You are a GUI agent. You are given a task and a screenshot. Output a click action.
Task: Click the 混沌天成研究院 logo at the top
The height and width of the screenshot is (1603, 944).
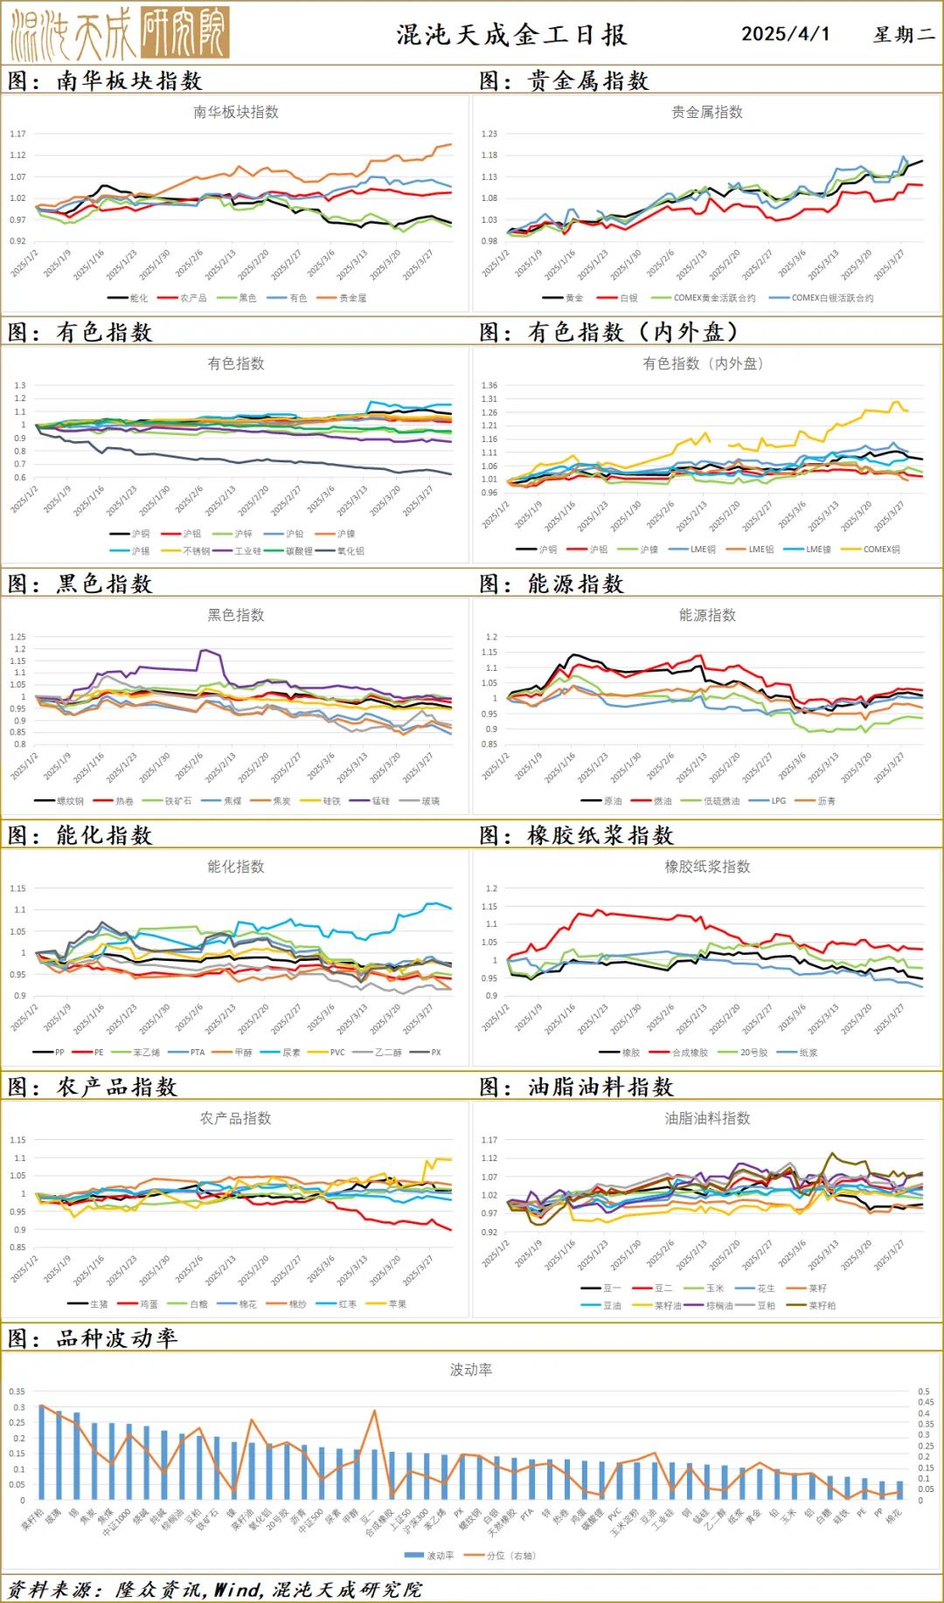(x=120, y=33)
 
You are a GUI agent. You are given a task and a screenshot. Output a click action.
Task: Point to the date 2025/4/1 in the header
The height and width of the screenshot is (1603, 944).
(x=785, y=34)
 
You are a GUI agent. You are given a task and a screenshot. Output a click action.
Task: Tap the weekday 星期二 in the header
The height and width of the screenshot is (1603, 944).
(x=903, y=35)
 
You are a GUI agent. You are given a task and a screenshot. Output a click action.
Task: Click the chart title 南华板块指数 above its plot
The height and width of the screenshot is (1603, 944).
(x=236, y=112)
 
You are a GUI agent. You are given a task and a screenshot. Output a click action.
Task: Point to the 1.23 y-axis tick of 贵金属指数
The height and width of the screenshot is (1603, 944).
(x=489, y=134)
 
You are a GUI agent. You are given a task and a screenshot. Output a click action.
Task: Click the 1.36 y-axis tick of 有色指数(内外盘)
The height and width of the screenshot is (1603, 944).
(x=489, y=385)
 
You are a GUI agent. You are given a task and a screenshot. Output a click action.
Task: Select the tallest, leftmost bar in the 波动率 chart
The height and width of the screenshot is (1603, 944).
(x=41, y=1451)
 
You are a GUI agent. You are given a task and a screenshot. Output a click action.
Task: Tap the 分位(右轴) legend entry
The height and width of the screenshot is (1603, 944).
(x=510, y=1556)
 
